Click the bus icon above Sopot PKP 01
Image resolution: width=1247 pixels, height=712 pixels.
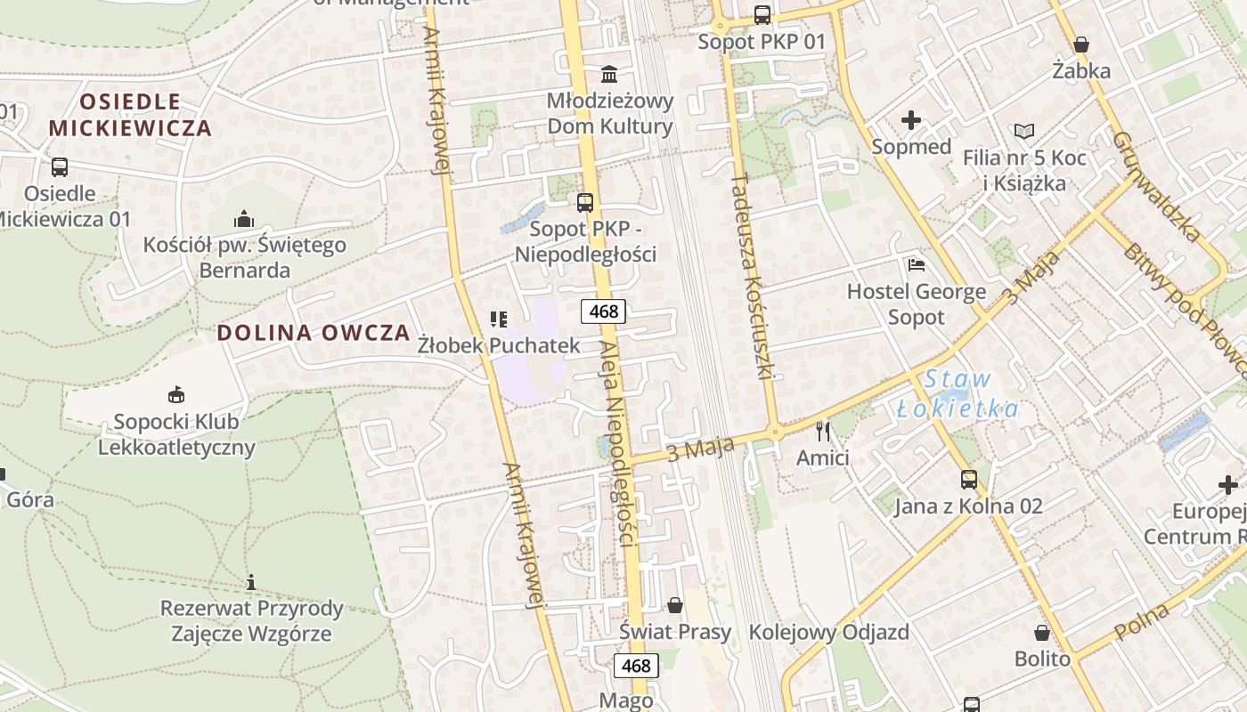click(x=762, y=14)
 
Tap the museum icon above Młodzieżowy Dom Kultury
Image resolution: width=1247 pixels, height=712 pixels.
click(x=609, y=73)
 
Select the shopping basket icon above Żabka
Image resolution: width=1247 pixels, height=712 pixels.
click(x=1081, y=44)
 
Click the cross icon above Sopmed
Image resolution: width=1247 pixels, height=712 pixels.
click(x=911, y=120)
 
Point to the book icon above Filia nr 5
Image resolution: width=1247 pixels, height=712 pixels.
click(x=1024, y=132)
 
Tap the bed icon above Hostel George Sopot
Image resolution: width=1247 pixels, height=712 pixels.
click(x=916, y=264)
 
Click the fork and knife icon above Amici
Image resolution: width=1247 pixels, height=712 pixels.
click(x=823, y=432)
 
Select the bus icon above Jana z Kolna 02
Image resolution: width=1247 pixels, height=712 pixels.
click(x=968, y=480)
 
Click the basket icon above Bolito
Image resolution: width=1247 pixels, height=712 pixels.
click(x=1042, y=633)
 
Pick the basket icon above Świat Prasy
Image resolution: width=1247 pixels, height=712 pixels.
click(x=675, y=605)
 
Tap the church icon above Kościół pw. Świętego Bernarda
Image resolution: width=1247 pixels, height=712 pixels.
click(x=244, y=219)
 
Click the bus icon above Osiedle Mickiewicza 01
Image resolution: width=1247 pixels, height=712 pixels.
click(x=60, y=167)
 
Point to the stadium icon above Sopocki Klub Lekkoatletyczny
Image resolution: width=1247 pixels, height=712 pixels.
click(x=176, y=394)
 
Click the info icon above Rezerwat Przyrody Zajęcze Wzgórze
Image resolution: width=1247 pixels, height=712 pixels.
click(x=251, y=583)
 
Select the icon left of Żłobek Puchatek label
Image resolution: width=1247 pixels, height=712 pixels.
click(x=499, y=319)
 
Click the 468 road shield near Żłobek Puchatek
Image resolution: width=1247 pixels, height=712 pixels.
click(x=604, y=311)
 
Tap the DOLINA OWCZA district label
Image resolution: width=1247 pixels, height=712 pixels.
click(x=314, y=333)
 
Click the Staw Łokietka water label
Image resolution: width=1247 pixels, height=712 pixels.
click(x=958, y=393)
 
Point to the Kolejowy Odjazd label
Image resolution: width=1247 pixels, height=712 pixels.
click(x=828, y=633)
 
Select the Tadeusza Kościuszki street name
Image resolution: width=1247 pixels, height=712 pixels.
click(x=750, y=276)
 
